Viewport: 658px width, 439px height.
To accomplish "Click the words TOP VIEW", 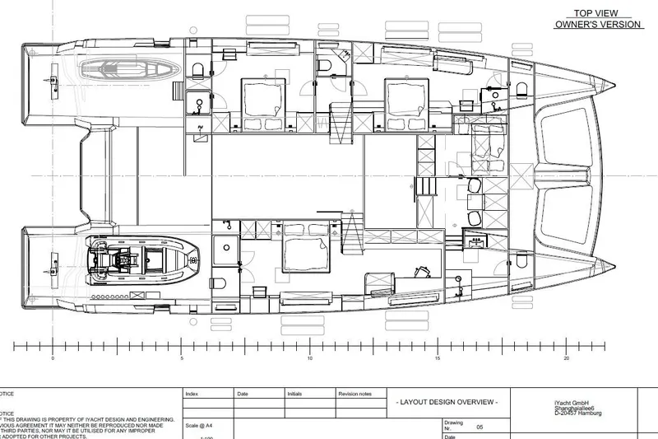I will [x=595, y=13].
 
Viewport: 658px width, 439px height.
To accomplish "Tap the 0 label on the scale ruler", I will [x=53, y=358].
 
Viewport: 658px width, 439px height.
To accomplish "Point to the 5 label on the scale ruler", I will [x=181, y=358].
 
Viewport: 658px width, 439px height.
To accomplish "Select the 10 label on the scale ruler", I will [x=309, y=358].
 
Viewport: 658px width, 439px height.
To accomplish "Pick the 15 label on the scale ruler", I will [x=438, y=358].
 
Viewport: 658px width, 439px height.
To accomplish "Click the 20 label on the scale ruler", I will [x=566, y=358].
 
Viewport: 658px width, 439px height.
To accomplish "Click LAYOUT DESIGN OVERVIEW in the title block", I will [x=447, y=401].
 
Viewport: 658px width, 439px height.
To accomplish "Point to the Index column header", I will [x=192, y=394].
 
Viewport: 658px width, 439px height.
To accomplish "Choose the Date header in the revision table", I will [x=243, y=394].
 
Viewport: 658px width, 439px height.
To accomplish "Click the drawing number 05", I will [x=480, y=427].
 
